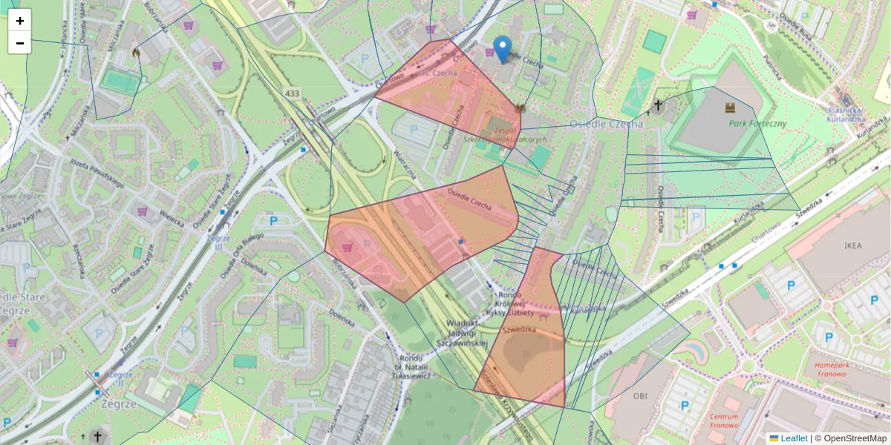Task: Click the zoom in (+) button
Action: pyautogui.click(x=20, y=21)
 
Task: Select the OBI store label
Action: pyautogui.click(x=641, y=395)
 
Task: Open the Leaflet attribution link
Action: pyautogui.click(x=793, y=438)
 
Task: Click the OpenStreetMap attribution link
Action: pyautogui.click(x=855, y=438)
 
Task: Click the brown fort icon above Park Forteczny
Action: pyautogui.click(x=731, y=108)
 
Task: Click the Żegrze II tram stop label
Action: pyautogui.click(x=116, y=378)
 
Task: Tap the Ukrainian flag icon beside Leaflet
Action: pyautogui.click(x=774, y=438)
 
